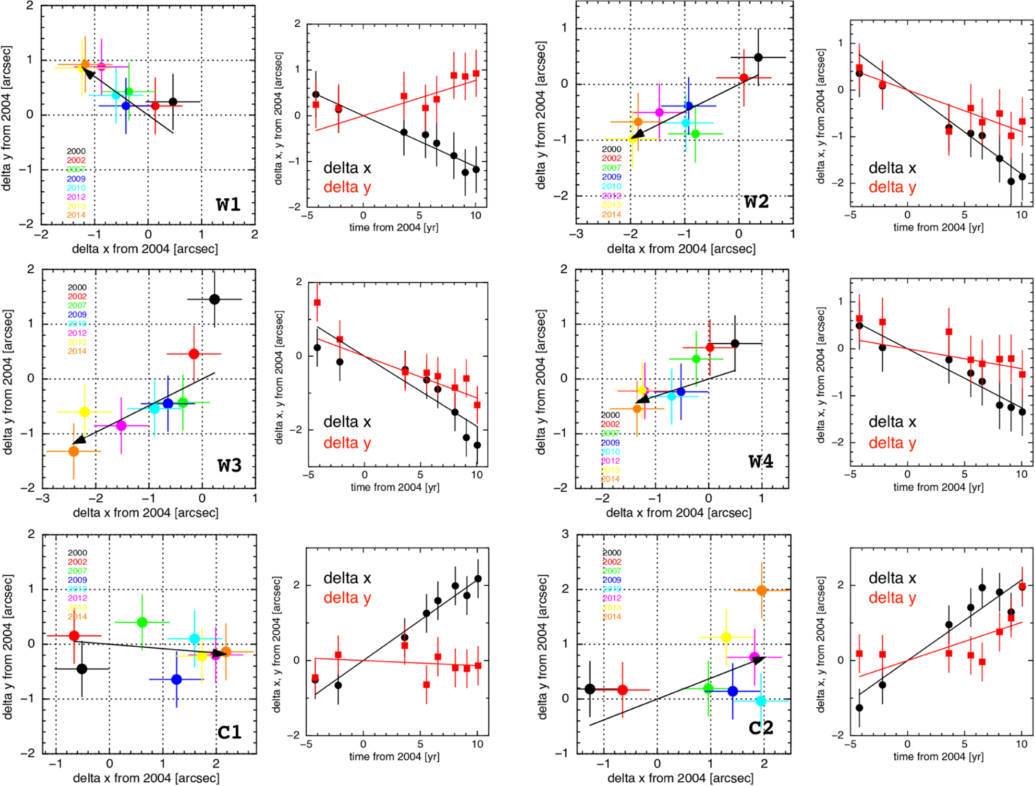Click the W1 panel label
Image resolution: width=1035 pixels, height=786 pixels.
228,205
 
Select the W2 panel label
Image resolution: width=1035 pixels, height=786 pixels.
756,202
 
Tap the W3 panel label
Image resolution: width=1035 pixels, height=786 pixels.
229,465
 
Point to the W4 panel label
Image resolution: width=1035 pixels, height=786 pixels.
761,461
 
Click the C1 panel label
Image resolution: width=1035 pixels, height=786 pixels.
229,732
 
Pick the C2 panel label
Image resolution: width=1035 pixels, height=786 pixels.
761,728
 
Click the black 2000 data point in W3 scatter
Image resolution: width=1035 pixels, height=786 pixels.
215,299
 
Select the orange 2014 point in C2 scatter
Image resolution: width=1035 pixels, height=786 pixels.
762,590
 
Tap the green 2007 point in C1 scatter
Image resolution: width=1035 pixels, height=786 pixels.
142,622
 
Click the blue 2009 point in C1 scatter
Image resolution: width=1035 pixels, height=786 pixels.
176,679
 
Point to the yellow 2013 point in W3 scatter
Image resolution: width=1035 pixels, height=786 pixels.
84,412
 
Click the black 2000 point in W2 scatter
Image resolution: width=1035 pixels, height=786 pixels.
758,57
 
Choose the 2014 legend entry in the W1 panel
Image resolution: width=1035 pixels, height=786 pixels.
76,215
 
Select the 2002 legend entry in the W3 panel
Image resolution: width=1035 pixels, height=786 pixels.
77,297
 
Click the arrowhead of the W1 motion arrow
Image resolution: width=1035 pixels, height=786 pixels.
88,72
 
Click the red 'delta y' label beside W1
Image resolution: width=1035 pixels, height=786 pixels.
347,187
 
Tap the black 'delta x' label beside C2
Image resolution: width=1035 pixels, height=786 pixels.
892,578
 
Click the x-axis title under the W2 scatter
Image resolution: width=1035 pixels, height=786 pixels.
681,248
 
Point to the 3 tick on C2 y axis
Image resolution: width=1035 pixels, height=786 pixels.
565,534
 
